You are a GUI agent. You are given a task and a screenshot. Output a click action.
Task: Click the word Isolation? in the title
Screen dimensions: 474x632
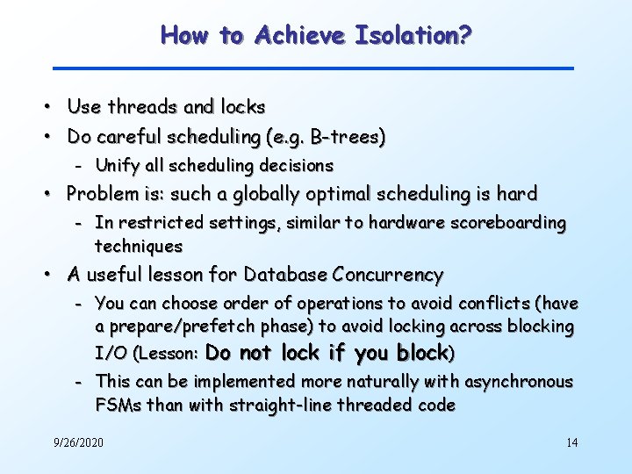pos(414,36)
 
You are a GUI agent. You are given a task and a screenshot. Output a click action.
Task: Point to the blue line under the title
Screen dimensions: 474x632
pos(313,68)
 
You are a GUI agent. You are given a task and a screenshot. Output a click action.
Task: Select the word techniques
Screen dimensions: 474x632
pos(139,246)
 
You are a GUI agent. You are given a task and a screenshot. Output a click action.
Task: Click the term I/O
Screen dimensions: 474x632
pos(111,354)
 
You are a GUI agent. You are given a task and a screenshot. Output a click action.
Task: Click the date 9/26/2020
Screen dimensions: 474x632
pos(78,442)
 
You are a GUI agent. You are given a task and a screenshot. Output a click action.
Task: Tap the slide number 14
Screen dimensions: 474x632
pos(571,442)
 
